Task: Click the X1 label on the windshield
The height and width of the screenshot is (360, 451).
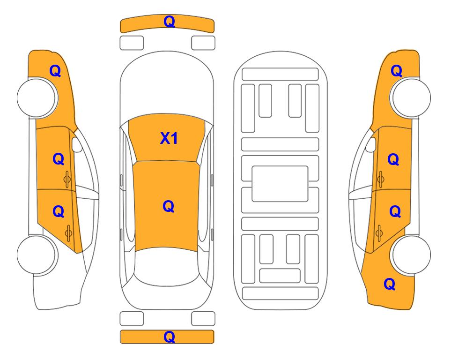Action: [169, 138]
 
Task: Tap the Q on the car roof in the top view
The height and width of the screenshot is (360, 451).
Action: [169, 206]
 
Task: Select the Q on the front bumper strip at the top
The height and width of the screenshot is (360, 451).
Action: [169, 22]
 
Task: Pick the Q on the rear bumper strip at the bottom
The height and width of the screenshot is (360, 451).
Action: [169, 337]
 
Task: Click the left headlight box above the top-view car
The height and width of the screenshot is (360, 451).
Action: [132, 43]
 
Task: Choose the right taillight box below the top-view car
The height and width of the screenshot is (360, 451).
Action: [203, 319]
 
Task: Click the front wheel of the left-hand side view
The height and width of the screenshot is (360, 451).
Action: [37, 98]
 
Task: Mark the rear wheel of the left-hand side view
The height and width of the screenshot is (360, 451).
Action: [37, 255]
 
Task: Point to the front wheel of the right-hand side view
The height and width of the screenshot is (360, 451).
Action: [411, 97]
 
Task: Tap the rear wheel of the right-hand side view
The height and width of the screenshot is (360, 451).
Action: [411, 255]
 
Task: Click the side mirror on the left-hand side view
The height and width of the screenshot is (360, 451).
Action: [76, 144]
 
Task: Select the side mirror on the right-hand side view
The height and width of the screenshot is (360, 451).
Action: [371, 144]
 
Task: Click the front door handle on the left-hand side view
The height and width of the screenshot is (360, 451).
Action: [67, 179]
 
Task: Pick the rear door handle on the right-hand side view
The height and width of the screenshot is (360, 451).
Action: [379, 233]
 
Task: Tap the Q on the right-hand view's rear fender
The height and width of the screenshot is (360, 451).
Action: [390, 284]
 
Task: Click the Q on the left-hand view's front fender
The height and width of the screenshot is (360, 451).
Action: [55, 71]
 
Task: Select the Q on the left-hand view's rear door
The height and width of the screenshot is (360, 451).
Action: [59, 212]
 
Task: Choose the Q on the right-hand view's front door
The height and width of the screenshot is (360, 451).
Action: [393, 159]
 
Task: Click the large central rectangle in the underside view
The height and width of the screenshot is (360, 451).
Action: [280, 184]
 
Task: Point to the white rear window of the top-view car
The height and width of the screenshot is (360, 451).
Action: [168, 266]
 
